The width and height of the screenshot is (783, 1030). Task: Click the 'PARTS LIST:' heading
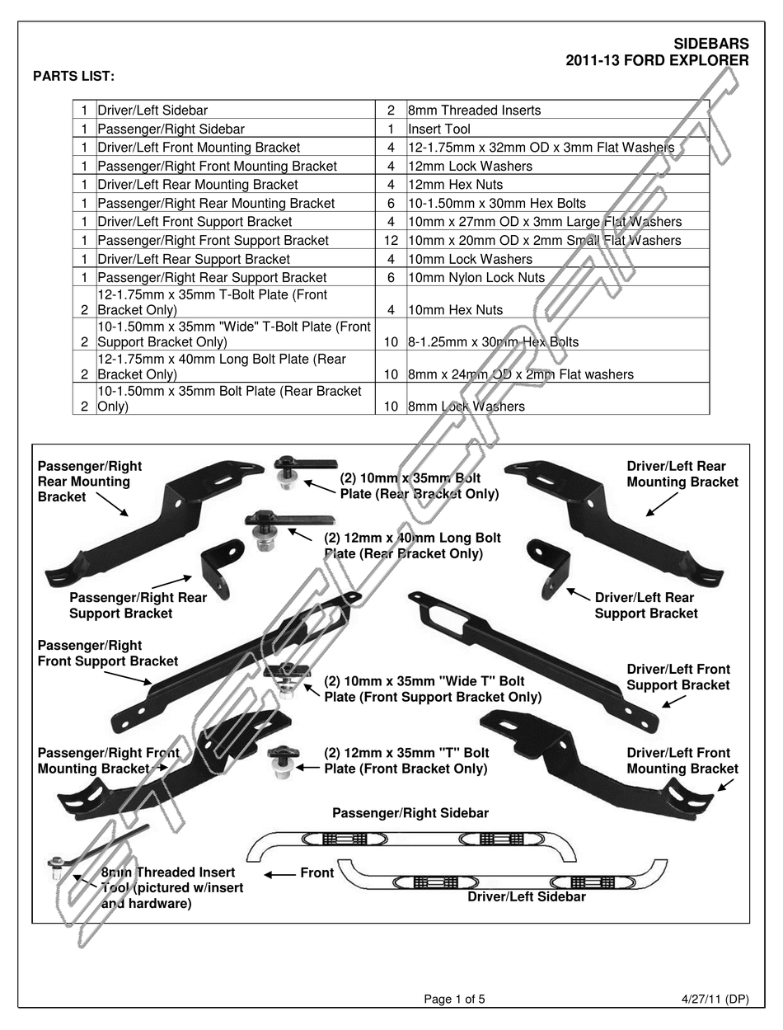[73, 77]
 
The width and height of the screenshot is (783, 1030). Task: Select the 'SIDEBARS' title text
[710, 44]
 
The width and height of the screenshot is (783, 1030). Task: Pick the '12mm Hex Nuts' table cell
[455, 185]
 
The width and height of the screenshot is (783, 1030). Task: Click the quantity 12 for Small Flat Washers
[391, 241]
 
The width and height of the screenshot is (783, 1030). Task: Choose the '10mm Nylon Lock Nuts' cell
[476, 278]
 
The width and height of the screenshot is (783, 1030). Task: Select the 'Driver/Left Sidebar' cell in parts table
[152, 111]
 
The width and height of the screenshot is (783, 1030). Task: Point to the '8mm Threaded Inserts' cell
[474, 111]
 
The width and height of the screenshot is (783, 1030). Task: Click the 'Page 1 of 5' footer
[454, 999]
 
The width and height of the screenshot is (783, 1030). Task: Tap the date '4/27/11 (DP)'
[715, 999]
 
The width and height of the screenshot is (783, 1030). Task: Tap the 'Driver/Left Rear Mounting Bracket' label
[682, 474]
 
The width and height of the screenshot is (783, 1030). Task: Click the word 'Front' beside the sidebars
[317, 873]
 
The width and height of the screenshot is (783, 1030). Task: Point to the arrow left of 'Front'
[279, 874]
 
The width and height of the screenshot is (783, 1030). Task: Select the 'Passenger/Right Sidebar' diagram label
[410, 813]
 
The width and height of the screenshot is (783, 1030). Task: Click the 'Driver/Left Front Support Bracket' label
[678, 677]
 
